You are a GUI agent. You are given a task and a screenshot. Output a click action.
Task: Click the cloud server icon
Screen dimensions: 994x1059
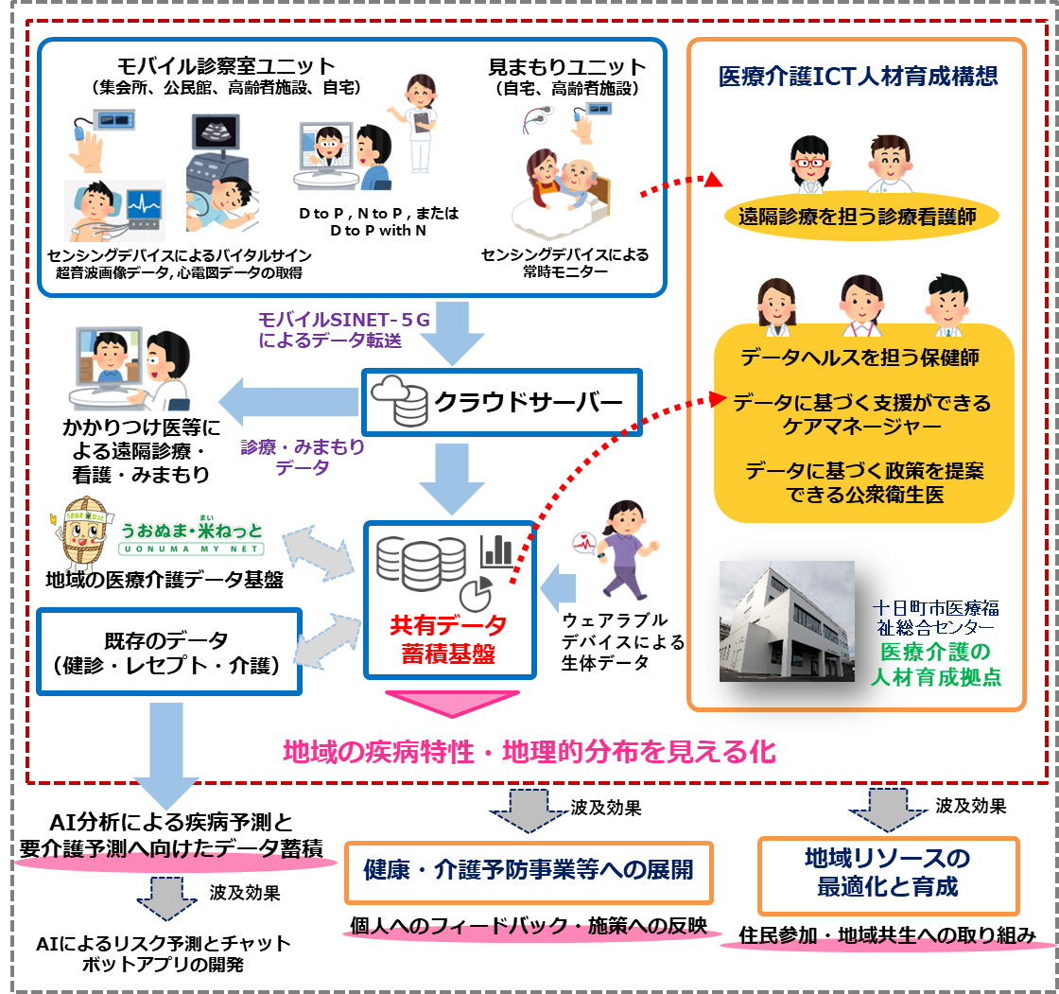pos(398,403)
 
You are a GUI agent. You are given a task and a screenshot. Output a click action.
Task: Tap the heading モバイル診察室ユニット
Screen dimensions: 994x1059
pos(226,66)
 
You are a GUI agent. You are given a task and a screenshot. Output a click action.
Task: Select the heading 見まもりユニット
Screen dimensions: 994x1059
pos(566,67)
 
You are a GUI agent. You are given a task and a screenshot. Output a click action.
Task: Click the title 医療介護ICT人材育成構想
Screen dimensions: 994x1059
pos(858,77)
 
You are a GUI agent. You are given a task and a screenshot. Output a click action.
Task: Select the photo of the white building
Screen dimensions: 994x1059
pos(787,621)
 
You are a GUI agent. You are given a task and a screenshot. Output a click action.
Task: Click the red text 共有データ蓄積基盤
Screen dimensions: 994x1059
pos(449,638)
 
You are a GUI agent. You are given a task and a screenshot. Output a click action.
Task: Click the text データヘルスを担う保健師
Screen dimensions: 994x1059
pos(859,357)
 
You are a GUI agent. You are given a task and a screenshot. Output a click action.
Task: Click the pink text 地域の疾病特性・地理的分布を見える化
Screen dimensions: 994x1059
pos(529,752)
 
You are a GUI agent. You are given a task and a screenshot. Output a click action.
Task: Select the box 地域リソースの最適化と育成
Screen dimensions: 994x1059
pos(889,874)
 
